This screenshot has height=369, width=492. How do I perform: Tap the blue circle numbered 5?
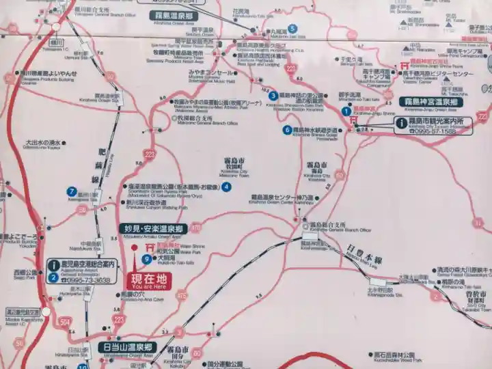[292, 29]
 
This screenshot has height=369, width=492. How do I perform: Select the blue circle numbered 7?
[71, 191]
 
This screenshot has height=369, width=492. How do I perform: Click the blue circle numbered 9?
[147, 259]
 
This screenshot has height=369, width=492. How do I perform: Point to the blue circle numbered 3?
[273, 96]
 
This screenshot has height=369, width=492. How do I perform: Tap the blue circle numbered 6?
[287, 129]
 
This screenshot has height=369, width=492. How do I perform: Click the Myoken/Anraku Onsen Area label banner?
[152, 229]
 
